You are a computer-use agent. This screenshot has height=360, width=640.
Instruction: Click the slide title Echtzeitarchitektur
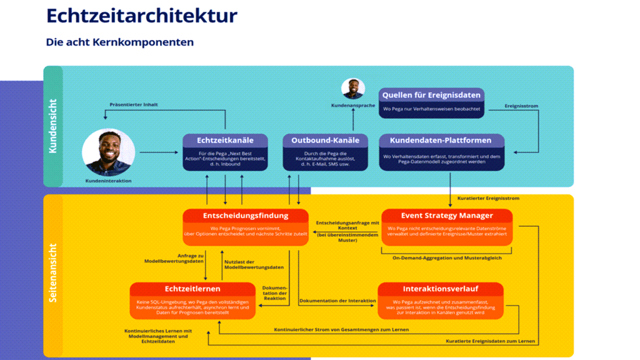142,16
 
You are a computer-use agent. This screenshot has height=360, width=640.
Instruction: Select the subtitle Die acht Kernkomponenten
120,42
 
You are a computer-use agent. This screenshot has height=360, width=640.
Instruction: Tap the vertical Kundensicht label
53,126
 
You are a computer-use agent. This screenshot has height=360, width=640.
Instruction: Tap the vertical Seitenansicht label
53,272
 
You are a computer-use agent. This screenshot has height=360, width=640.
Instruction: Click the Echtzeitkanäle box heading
225,141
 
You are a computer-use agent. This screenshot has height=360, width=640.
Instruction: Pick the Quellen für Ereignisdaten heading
431,95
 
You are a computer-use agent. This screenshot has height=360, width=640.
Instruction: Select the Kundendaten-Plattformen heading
441,141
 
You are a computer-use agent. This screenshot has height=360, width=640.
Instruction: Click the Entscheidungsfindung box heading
246,216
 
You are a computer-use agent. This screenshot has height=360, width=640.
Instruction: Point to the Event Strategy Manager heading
447,216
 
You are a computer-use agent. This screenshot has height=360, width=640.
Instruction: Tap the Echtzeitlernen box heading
192,289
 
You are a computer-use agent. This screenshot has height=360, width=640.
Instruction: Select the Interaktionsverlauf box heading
440,289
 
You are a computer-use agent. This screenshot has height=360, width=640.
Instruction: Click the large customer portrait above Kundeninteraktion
108,152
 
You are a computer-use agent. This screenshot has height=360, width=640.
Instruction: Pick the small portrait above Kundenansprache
353,89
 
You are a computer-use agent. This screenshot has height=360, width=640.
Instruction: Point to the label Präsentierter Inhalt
134,105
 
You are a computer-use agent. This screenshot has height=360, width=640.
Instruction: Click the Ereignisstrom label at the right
521,106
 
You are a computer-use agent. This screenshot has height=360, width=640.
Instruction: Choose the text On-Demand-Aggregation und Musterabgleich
447,257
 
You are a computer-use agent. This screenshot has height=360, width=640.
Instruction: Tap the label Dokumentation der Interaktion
337,301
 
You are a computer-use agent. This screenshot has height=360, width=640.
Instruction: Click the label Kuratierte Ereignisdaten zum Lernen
491,341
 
